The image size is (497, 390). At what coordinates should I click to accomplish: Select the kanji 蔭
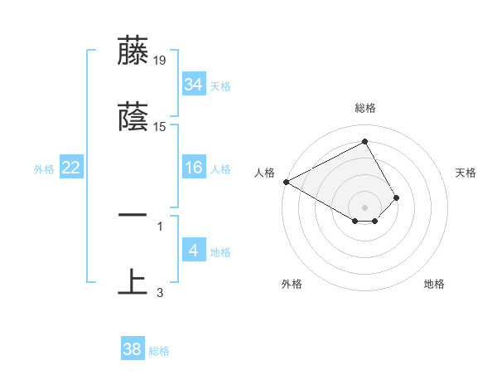click(x=133, y=117)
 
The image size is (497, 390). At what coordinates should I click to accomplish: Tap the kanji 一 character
click(x=133, y=214)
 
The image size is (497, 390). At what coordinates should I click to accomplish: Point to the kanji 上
click(x=133, y=281)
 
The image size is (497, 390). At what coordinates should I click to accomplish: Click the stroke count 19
click(x=160, y=60)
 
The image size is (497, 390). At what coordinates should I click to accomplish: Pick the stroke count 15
click(x=160, y=127)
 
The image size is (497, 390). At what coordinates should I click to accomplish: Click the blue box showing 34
click(x=193, y=84)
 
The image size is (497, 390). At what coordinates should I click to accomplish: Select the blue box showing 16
click(x=193, y=168)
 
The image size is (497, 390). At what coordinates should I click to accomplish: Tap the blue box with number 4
click(x=193, y=251)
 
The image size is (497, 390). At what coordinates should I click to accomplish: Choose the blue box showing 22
click(x=71, y=168)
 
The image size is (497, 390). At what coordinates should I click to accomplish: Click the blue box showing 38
click(x=132, y=350)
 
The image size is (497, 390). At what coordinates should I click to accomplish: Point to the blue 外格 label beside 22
click(x=44, y=169)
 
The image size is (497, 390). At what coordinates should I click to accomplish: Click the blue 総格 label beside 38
click(x=159, y=351)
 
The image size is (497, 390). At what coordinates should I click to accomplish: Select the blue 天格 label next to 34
click(x=220, y=85)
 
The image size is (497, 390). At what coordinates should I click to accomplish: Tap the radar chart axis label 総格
click(x=365, y=108)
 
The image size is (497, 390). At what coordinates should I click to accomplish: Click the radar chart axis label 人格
click(x=264, y=172)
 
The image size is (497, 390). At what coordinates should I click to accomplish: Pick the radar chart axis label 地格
click(x=434, y=285)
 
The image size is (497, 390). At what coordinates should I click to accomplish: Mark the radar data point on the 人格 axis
click(x=286, y=182)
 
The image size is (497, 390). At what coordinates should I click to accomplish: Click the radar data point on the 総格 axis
click(x=364, y=142)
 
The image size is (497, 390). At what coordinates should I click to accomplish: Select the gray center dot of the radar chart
click(x=364, y=207)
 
